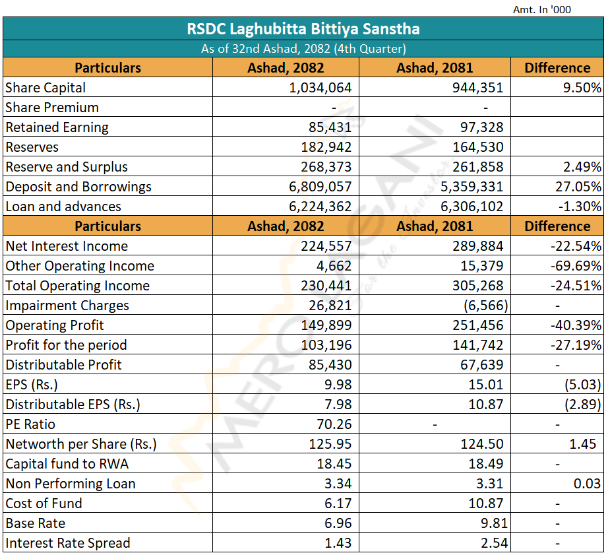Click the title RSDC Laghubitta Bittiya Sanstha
pyautogui.click(x=303, y=29)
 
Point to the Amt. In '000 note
pyautogui.click(x=541, y=9)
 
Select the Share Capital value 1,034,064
pyautogui.click(x=320, y=88)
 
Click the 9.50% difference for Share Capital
pyautogui.click(x=582, y=88)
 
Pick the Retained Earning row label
pyautogui.click(x=57, y=127)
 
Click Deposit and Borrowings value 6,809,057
pyautogui.click(x=320, y=187)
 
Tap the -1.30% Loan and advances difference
pyautogui.click(x=580, y=207)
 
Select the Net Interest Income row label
pyautogui.click(x=67, y=246)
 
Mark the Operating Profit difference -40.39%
pyautogui.click(x=576, y=325)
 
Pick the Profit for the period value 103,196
pyautogui.click(x=326, y=345)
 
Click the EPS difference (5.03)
pyautogui.click(x=583, y=385)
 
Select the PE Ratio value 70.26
pyautogui.click(x=334, y=424)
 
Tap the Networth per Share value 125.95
pyautogui.click(x=330, y=444)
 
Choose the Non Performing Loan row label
pyautogui.click(x=71, y=484)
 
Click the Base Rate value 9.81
pyautogui.click(x=494, y=523)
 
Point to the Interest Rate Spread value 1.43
pyautogui.click(x=338, y=543)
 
